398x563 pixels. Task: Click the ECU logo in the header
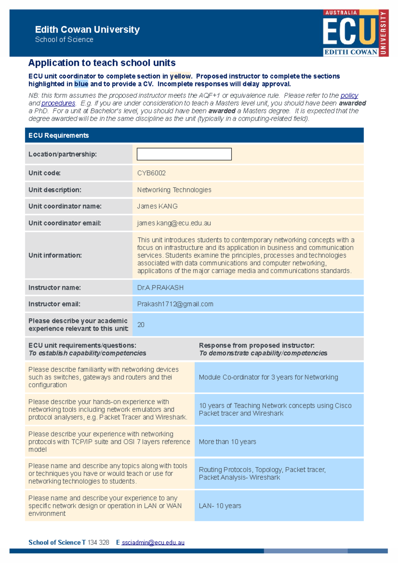[355, 33]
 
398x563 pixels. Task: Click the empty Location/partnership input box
[184, 154]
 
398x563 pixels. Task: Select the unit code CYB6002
[152, 173]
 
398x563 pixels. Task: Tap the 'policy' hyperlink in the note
[349, 95]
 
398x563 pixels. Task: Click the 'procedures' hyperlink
[58, 103]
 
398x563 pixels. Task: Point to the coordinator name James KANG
[158, 206]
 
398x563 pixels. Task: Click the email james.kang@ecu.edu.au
[174, 223]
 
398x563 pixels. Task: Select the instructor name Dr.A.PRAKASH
[160, 287]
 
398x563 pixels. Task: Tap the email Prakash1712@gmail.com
[175, 304]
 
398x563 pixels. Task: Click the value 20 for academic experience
[141, 325]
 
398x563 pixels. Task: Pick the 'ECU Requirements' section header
[59, 135]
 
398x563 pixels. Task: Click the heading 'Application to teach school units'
[102, 63]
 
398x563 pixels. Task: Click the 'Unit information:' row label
[55, 255]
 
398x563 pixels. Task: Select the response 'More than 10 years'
[228, 442]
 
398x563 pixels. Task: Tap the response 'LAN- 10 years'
[220, 506]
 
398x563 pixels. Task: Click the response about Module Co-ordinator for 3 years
[268, 377]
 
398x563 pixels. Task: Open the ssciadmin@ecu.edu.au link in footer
[153, 542]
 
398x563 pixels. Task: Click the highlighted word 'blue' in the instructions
[81, 84]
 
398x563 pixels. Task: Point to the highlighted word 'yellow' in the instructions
[180, 76]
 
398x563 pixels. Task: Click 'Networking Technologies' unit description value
[174, 190]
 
